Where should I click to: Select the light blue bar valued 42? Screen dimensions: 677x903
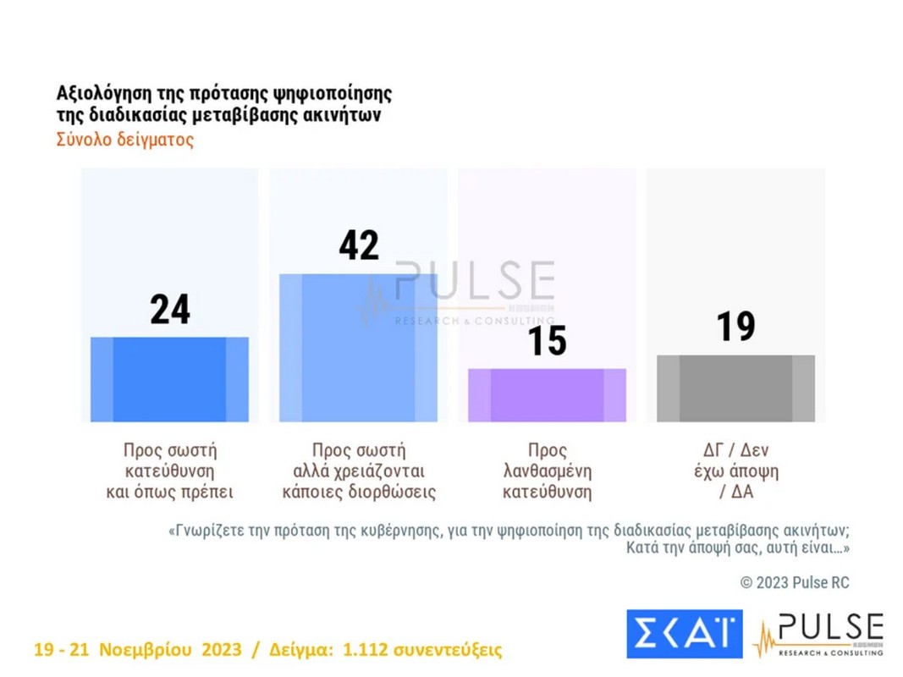click(358, 348)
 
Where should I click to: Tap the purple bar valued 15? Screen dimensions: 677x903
click(547, 395)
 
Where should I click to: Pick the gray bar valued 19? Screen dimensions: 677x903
click(735, 388)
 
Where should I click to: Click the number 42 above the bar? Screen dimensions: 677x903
click(359, 245)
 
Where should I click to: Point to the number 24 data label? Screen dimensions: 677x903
click(170, 310)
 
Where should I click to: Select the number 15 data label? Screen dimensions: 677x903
click(547, 341)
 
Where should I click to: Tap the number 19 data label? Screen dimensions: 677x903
click(735, 327)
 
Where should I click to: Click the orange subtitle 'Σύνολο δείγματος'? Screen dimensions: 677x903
click(125, 140)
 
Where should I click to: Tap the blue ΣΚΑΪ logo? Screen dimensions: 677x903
click(684, 634)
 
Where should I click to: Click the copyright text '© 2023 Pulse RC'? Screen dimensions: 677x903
click(794, 582)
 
